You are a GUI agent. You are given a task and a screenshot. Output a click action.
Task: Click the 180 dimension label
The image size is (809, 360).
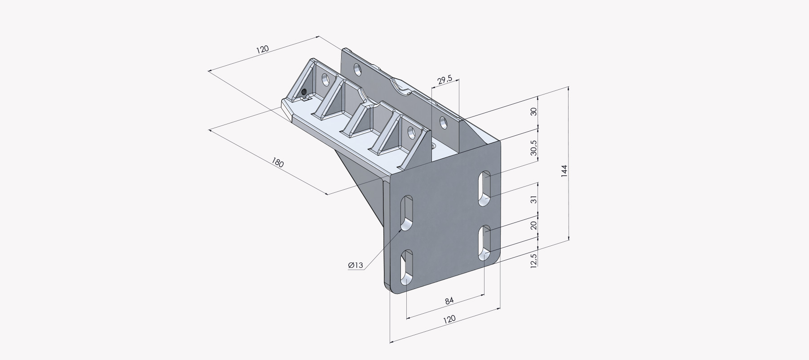[x=278, y=162]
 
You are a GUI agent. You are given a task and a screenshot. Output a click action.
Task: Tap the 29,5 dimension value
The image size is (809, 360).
[x=445, y=80]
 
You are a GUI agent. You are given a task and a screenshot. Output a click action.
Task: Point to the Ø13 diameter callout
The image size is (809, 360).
[x=356, y=265]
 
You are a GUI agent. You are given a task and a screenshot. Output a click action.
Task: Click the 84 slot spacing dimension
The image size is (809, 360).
[x=449, y=301]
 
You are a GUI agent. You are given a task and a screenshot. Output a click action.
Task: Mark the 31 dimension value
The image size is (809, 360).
[x=534, y=199]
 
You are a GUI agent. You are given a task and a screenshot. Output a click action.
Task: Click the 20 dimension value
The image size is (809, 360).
[x=534, y=225]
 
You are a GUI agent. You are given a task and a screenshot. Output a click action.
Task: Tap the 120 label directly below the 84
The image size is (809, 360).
[x=449, y=319]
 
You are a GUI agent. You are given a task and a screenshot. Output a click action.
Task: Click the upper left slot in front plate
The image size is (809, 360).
[x=407, y=213]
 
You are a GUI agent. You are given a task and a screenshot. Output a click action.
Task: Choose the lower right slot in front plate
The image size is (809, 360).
[x=484, y=243]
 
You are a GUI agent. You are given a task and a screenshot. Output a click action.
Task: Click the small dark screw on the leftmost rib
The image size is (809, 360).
[x=304, y=93]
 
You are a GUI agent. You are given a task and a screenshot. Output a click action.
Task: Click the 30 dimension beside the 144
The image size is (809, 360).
[x=534, y=111]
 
